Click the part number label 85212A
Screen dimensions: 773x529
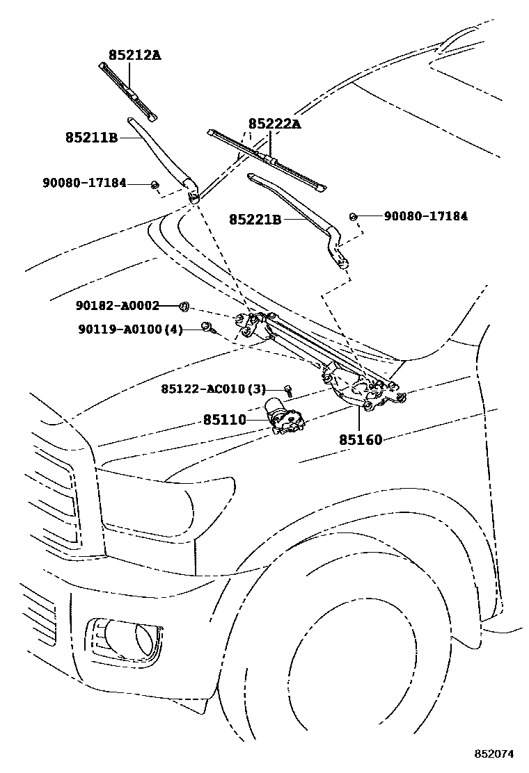pyautogui.click(x=134, y=54)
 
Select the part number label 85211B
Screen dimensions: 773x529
pyautogui.click(x=91, y=138)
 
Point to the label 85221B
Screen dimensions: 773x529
pyautogui.click(x=255, y=219)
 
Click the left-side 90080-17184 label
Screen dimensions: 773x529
pyautogui.click(x=84, y=183)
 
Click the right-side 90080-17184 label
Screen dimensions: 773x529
pyautogui.click(x=425, y=216)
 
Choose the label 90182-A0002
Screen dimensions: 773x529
pyautogui.click(x=118, y=305)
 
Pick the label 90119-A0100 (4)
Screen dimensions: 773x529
pyautogui.click(x=130, y=329)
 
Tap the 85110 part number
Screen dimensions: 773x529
pyautogui.click(x=225, y=420)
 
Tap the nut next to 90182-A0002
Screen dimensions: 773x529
pyautogui.click(x=185, y=306)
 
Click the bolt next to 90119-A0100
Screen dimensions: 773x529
pyautogui.click(x=207, y=327)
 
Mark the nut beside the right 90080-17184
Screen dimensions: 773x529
pyautogui.click(x=353, y=217)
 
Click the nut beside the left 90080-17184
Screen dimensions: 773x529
pyautogui.click(x=155, y=184)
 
